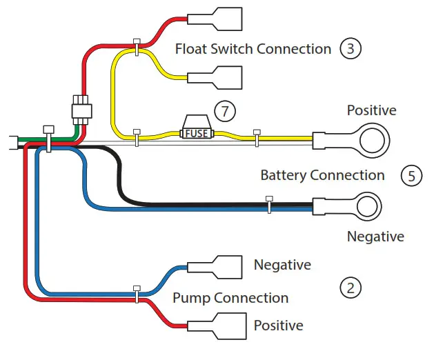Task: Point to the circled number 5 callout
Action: click(411, 175)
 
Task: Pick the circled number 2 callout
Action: click(351, 288)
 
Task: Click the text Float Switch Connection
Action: click(253, 49)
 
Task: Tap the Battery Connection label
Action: click(322, 175)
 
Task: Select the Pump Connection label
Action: click(230, 298)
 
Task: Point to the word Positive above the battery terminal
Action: click(371, 110)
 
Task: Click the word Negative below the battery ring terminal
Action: click(375, 237)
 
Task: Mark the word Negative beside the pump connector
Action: click(282, 265)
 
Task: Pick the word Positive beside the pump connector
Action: click(278, 325)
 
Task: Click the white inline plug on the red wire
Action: click(81, 109)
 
